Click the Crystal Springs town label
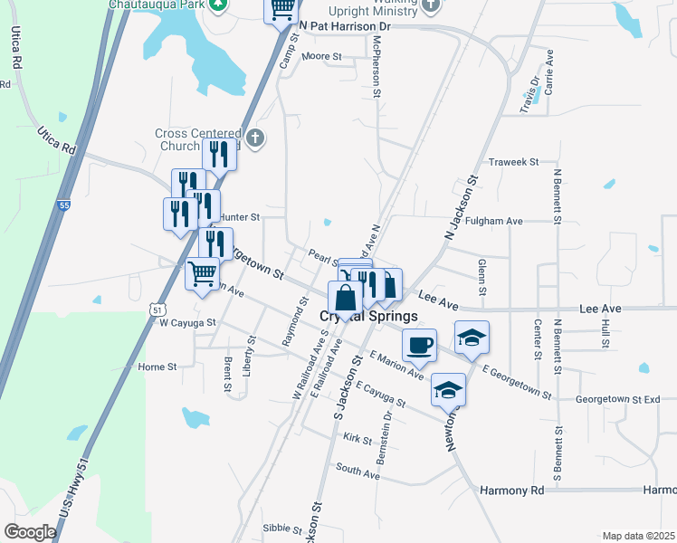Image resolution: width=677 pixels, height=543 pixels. (x=369, y=317)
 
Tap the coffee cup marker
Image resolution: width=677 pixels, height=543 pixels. (x=419, y=344)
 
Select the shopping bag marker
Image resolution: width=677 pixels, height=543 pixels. (x=345, y=297)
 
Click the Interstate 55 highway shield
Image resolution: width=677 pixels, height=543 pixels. (x=63, y=206)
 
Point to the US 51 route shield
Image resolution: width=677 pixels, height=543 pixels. (x=157, y=309)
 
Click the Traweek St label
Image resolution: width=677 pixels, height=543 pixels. (x=513, y=162)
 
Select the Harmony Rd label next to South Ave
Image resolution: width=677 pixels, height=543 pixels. (x=511, y=491)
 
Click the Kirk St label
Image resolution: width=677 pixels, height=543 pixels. (x=358, y=440)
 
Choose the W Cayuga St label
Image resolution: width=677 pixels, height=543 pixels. (x=187, y=322)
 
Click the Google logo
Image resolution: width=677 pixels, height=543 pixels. (x=30, y=532)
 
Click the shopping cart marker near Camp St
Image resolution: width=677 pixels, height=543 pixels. (x=281, y=9)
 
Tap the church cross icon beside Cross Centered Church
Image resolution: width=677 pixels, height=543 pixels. (x=256, y=138)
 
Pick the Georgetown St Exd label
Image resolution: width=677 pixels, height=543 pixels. (x=625, y=398)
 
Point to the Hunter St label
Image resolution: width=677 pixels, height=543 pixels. (x=240, y=217)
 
